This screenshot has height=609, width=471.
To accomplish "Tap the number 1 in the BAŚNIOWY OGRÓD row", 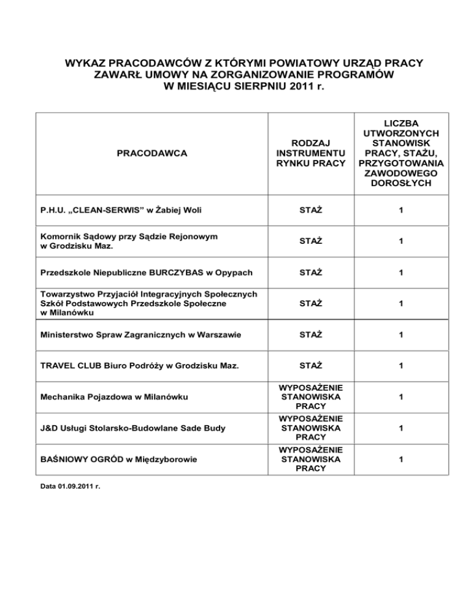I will [x=401, y=459].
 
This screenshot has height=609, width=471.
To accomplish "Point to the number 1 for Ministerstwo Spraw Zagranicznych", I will [x=401, y=335].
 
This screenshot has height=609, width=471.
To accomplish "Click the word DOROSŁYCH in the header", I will [x=401, y=184].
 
